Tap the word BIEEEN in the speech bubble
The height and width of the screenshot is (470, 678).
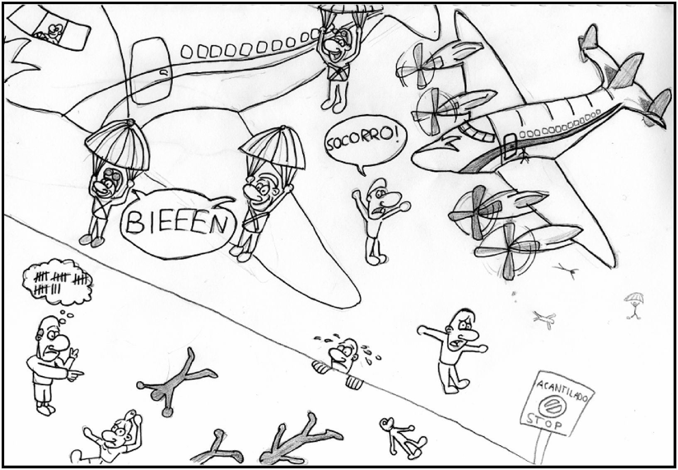click(176, 224)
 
